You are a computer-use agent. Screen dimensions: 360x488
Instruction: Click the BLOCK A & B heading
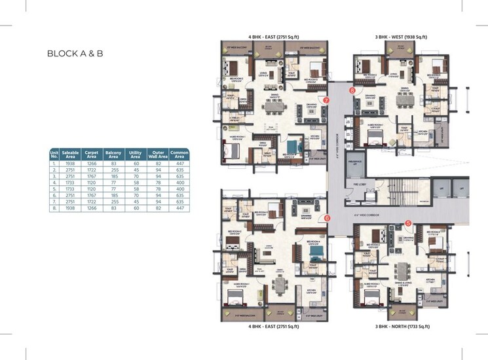tap(75, 54)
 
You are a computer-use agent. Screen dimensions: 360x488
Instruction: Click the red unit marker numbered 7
tap(326, 100)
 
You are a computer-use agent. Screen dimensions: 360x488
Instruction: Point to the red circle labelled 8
tap(352, 90)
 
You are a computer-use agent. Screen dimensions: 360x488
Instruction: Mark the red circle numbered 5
tap(408, 223)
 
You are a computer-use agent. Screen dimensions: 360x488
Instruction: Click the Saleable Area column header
tap(71, 154)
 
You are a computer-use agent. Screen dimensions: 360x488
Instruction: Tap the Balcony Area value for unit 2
tap(113, 169)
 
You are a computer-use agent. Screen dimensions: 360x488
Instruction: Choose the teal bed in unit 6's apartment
tap(316, 251)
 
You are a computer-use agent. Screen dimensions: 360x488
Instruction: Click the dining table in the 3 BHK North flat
tap(402, 270)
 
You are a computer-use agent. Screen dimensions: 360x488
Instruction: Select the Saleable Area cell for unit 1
tap(71, 163)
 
